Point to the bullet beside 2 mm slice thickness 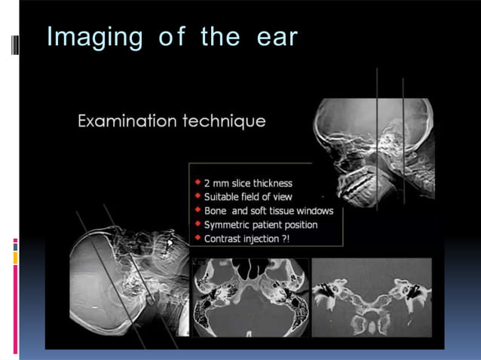pyautogui.click(x=198, y=182)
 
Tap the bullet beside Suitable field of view pyautogui.click(x=198, y=196)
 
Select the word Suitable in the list pyautogui.click(x=221, y=197)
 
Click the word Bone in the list pyautogui.click(x=217, y=210)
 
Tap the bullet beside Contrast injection pyautogui.click(x=198, y=237)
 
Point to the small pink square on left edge pyautogui.click(x=15, y=243)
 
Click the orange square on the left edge pyautogui.click(x=15, y=258)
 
